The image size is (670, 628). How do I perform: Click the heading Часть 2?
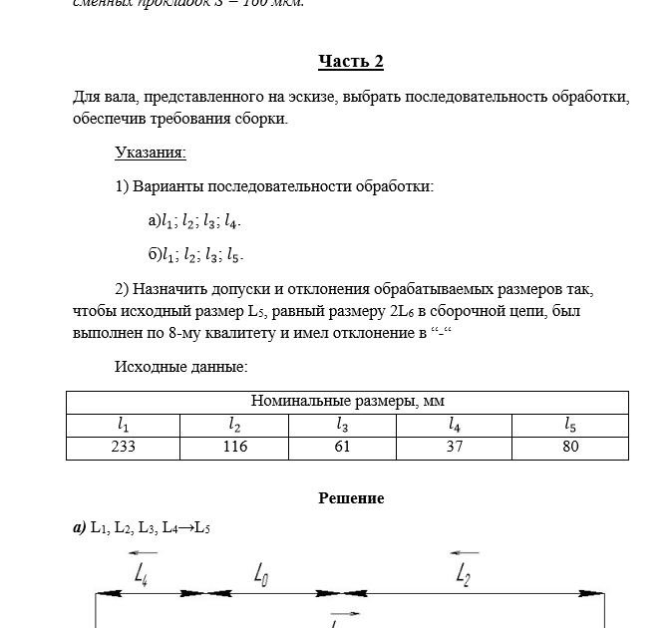pos(351,62)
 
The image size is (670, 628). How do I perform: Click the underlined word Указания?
pos(151,153)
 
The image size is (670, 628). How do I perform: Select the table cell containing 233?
pos(123,447)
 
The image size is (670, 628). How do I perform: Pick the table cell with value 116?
pos(234,447)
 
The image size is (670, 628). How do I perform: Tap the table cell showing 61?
pos(342,447)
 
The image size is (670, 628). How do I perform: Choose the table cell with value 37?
pos(455,447)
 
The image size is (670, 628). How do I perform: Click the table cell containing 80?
pos(570,447)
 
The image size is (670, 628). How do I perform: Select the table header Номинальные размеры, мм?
pos(347,402)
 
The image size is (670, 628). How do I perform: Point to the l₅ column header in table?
pos(570,425)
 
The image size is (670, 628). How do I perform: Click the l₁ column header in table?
pos(123,425)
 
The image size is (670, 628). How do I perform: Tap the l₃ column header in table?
pos(342,425)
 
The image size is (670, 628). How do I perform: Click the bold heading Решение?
pos(351,497)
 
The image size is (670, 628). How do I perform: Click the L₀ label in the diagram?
pos(260,574)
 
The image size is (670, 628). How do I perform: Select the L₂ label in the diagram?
pos(463,573)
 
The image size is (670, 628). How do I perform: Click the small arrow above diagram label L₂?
pos(464,552)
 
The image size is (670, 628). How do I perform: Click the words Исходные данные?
pos(181,367)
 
